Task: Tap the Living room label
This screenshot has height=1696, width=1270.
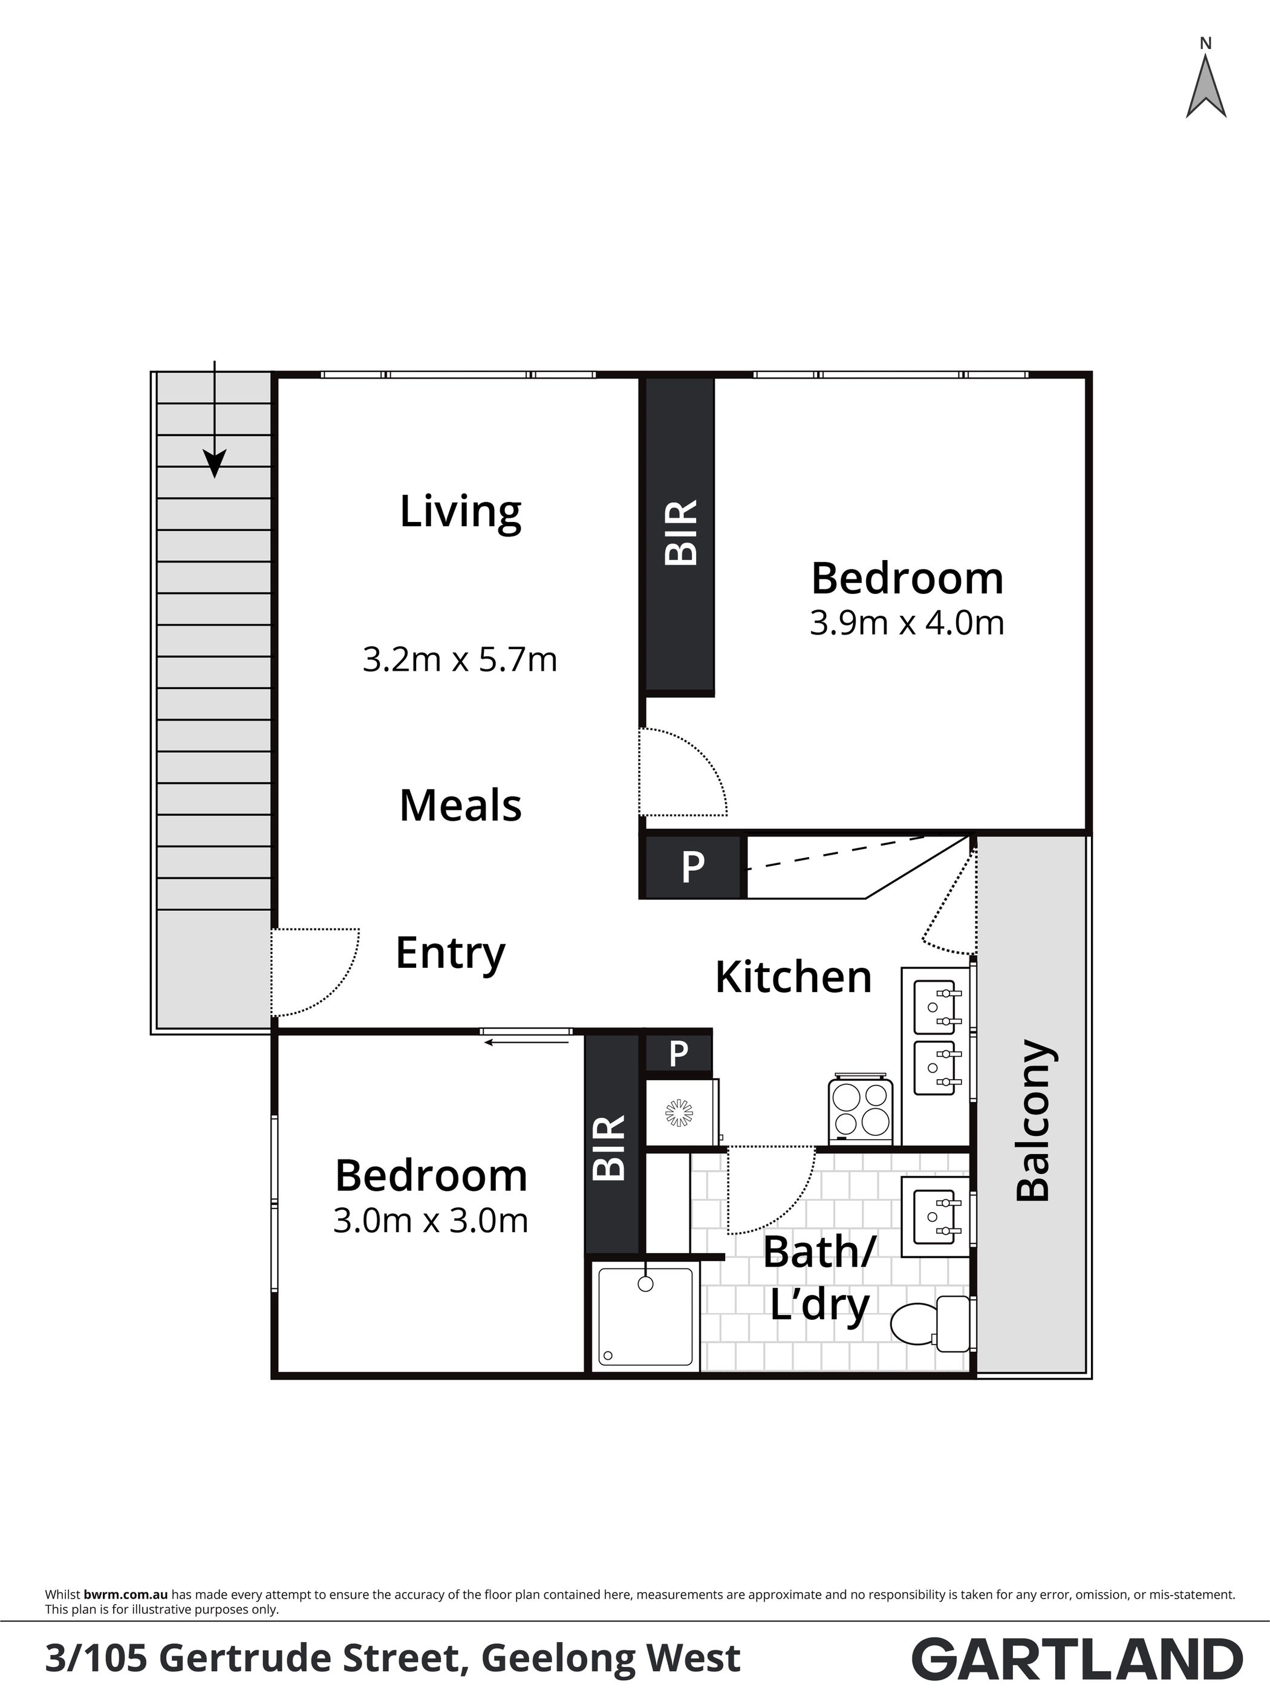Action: [461, 512]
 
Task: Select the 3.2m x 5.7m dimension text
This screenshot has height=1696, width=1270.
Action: [460, 659]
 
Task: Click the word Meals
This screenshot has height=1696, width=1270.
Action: [461, 806]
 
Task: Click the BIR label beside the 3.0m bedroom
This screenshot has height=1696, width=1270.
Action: [610, 1148]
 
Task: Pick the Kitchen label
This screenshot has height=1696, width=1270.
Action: [793, 977]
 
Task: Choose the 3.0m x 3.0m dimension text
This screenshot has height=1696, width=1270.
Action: [431, 1220]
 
